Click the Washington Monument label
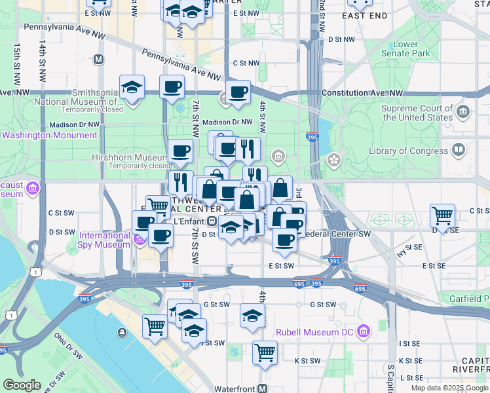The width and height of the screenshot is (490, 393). (x=50, y=136)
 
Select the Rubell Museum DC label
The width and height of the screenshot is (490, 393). (x=314, y=331)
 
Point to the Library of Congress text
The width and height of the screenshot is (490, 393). (x=409, y=151)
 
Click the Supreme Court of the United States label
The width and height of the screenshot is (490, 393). (x=417, y=113)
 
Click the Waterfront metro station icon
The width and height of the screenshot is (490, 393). (x=262, y=388)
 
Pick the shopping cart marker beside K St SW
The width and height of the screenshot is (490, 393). (x=265, y=352)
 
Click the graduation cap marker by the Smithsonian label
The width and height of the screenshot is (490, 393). (x=132, y=86)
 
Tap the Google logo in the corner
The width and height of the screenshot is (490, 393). (x=22, y=385)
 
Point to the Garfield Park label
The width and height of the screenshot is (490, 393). (x=466, y=299)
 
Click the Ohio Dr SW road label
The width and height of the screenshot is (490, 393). (x=69, y=347)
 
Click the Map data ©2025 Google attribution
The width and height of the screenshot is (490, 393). (x=449, y=388)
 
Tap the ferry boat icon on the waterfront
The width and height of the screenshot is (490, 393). (x=122, y=333)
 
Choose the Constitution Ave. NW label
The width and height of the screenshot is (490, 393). (x=357, y=93)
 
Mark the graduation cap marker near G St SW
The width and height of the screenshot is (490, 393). (x=252, y=316)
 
